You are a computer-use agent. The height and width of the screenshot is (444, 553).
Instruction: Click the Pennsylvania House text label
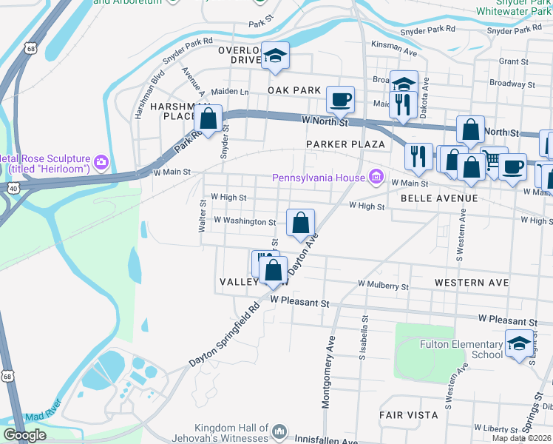319,177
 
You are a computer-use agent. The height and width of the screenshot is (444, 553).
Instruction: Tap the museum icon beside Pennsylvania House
376,176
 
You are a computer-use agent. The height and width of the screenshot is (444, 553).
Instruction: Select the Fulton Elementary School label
471,349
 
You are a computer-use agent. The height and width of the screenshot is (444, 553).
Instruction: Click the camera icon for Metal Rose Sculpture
101,161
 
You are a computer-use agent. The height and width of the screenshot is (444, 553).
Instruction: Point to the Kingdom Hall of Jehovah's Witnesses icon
279,431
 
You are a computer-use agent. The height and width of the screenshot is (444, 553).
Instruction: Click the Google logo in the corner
25,435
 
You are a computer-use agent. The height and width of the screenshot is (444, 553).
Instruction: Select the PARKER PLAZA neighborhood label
345,144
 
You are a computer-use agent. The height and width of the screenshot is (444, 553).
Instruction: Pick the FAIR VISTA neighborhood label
409,415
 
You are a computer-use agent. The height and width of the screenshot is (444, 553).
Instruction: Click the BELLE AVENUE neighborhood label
438,198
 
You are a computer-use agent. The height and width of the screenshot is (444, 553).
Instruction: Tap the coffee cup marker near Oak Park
340,99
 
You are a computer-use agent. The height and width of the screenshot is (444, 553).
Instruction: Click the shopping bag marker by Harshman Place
208,118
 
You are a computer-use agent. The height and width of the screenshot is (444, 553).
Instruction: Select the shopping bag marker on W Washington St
300,223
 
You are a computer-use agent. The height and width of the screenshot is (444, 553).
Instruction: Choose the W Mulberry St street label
383,284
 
